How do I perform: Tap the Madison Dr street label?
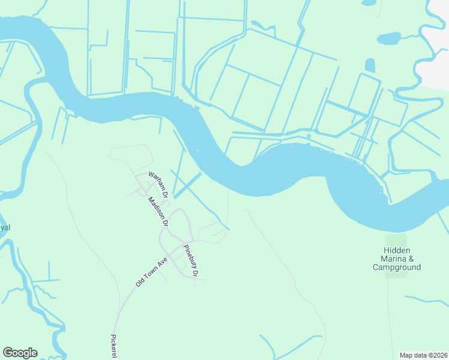point(157,211)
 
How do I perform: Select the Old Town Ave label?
point(151,272)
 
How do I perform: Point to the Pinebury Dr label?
point(191,260)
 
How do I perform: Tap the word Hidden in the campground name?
point(397,250)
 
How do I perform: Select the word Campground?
point(397,267)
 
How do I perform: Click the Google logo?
point(20,353)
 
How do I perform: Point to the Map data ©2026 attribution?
point(423,355)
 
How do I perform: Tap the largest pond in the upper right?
point(388,38)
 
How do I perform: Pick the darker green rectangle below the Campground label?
point(396,275)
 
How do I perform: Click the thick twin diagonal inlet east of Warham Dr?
point(187,185)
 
